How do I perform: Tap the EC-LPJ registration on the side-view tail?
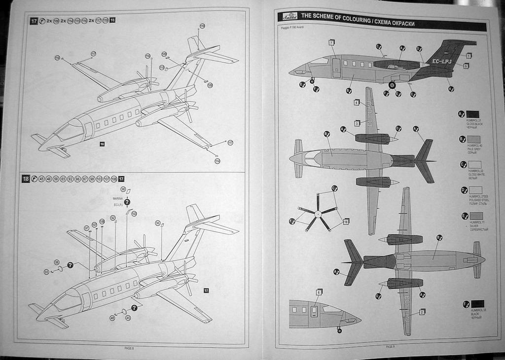[x=442, y=61]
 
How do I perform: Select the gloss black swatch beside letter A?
[x=472, y=114]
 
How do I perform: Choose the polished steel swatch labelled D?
[x=475, y=190]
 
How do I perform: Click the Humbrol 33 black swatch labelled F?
[x=477, y=304]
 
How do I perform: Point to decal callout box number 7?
[x=331, y=42]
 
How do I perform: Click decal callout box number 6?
[x=319, y=292]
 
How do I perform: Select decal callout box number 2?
[x=422, y=312]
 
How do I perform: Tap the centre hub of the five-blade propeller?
[x=318, y=214]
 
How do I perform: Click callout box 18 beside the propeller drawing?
[x=346, y=222]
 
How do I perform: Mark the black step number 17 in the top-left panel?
[x=34, y=21]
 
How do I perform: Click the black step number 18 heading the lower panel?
[x=26, y=179]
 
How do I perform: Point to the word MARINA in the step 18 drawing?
[x=117, y=199]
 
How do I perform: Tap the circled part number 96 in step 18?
[x=158, y=223]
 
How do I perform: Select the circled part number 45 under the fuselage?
[x=128, y=318]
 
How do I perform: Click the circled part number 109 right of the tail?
[x=210, y=85]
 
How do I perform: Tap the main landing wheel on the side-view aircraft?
[x=392, y=85]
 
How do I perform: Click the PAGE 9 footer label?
[x=390, y=346]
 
